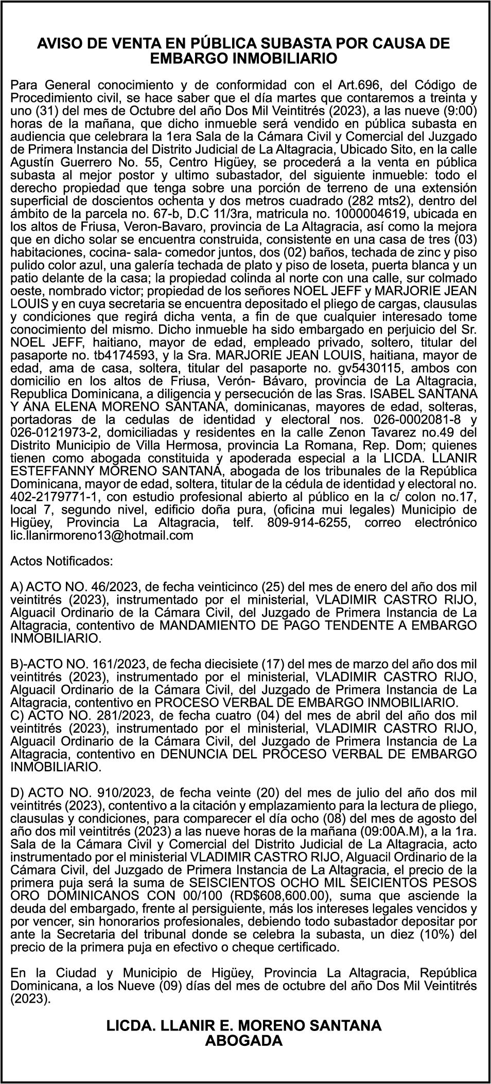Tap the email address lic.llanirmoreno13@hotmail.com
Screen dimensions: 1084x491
(x=102, y=535)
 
